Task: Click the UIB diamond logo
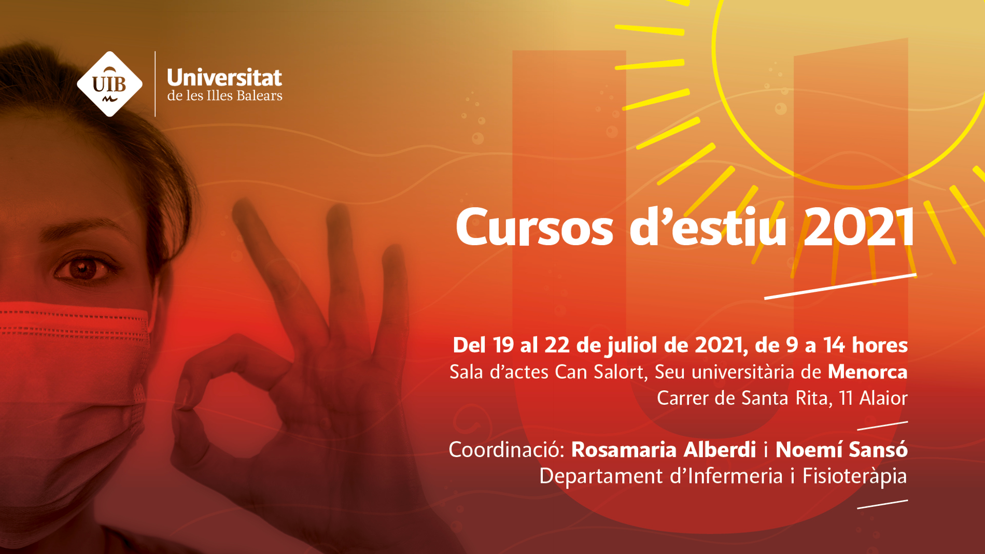109,84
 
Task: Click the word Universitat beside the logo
224,78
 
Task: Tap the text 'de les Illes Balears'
224,96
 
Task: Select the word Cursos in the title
534,228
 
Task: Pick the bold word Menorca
867,372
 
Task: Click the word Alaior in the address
883,398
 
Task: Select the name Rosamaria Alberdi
664,450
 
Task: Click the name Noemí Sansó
841,449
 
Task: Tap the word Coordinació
506,450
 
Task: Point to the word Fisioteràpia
855,476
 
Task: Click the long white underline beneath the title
840,286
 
